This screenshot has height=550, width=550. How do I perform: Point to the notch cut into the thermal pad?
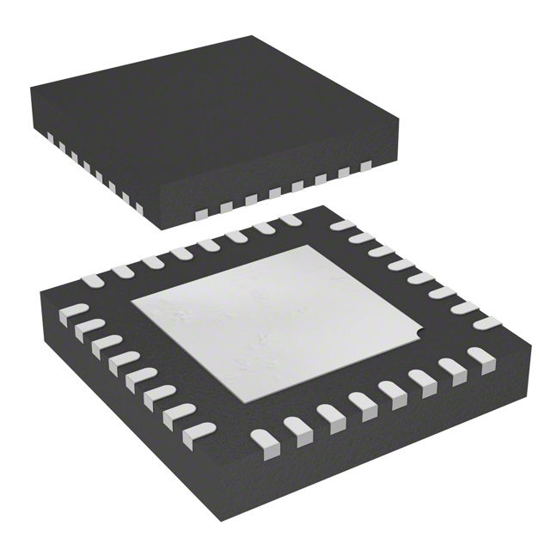[419, 334]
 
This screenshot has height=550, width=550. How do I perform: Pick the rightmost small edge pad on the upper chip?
[367, 165]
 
